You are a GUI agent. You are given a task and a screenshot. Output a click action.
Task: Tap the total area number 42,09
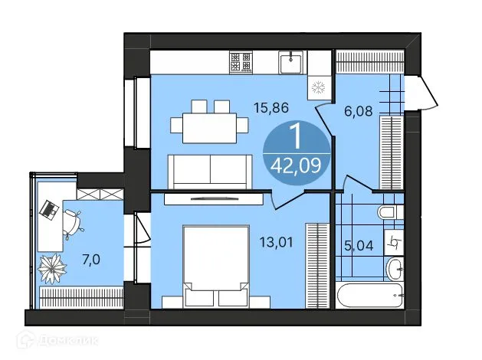299,163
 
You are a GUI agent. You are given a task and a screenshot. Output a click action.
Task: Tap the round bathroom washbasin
394,268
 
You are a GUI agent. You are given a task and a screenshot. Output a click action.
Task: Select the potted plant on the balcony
54,267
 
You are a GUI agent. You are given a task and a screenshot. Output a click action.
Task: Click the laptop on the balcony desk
51,208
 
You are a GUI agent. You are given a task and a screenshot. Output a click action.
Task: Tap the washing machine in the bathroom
393,241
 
